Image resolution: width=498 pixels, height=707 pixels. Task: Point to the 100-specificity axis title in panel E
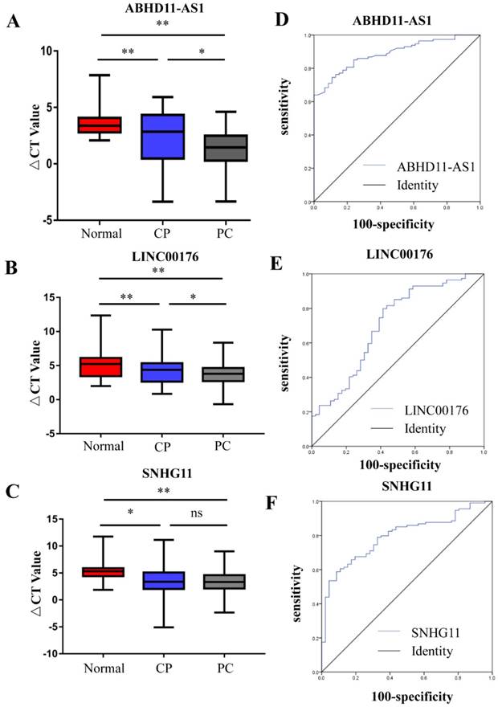[x=397, y=465]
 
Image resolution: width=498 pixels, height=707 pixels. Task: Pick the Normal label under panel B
[x=103, y=446]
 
